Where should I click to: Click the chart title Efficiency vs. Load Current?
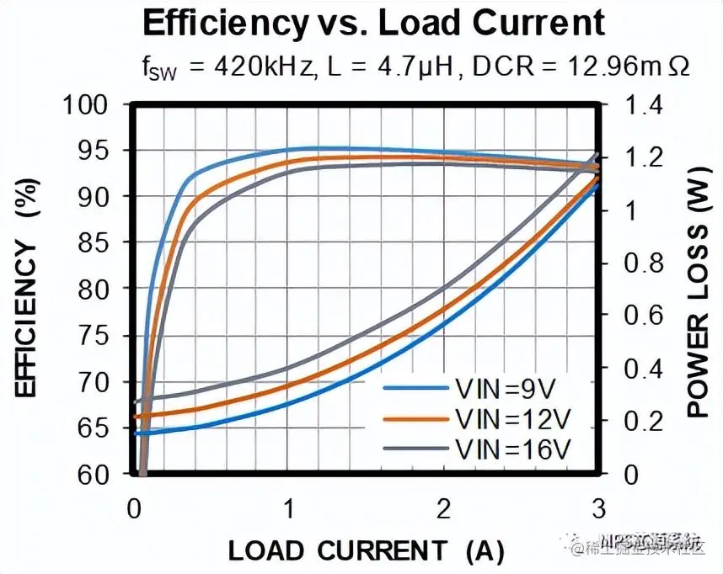373,24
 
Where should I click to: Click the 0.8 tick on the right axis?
643,263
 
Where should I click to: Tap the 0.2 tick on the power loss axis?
643,422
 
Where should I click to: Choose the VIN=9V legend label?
506,388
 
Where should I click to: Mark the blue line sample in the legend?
415,388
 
